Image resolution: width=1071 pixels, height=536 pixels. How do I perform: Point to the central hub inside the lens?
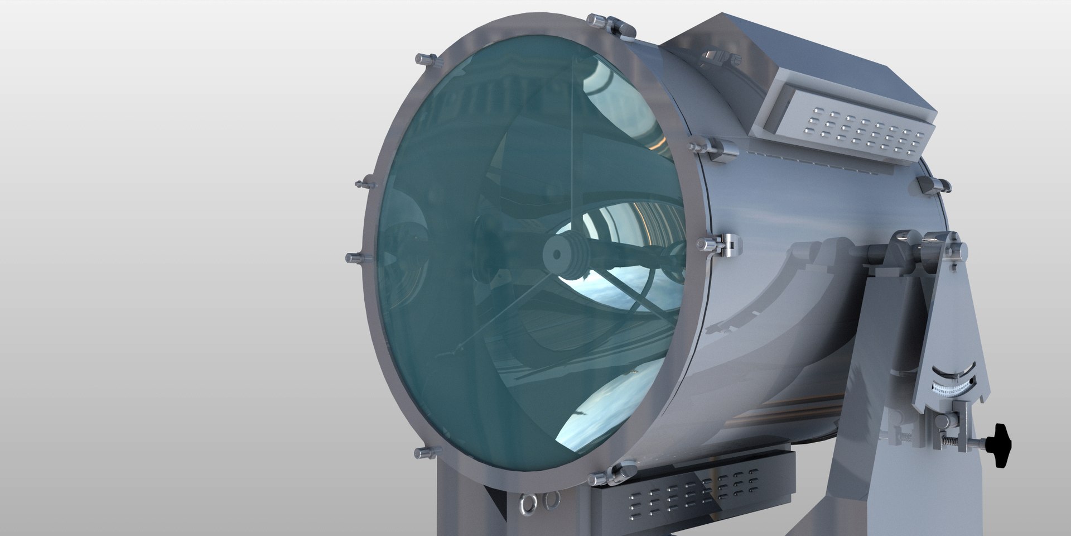coord(557,254)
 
